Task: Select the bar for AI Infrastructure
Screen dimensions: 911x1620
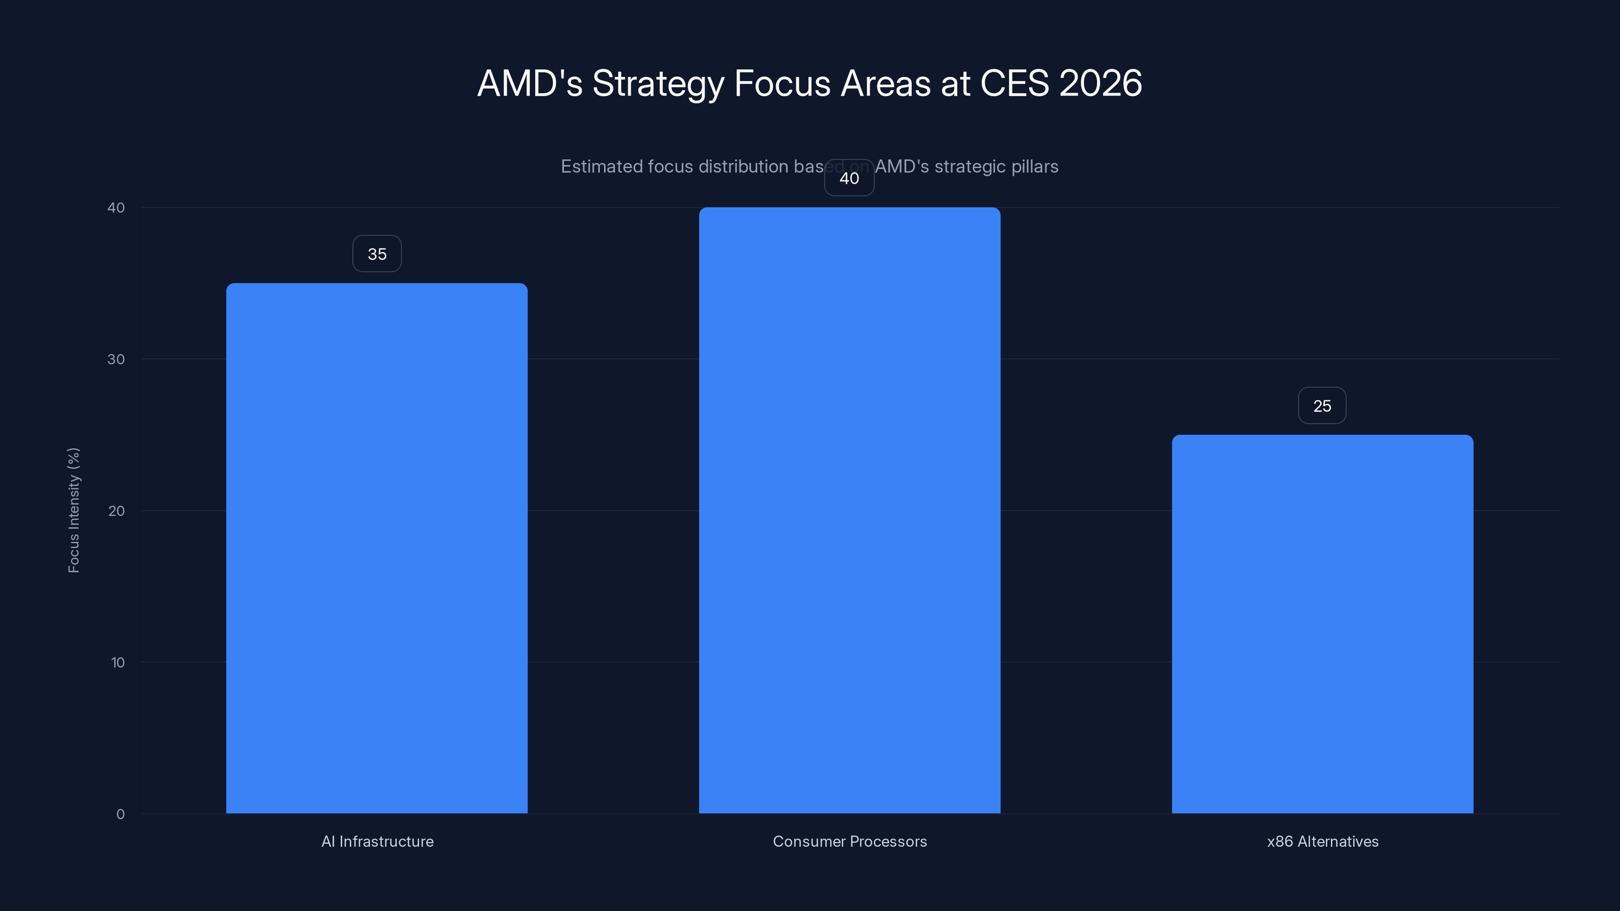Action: tap(377, 547)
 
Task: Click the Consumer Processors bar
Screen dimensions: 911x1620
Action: tap(849, 509)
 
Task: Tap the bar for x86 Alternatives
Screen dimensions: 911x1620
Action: tap(1322, 623)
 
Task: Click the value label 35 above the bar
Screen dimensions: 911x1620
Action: tap(377, 254)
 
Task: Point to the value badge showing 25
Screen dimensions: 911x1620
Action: tap(1322, 406)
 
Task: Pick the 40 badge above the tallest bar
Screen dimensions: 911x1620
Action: tap(849, 179)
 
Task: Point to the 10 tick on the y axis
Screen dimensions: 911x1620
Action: tap(117, 662)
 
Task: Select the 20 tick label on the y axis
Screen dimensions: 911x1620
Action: tap(116, 511)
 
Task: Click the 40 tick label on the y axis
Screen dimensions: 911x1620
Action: tap(116, 208)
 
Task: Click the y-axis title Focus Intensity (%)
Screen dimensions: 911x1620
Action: tap(73, 510)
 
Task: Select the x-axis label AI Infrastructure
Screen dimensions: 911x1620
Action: tap(377, 841)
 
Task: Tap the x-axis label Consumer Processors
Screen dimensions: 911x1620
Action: tap(849, 841)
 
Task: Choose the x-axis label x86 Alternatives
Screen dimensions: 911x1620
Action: tap(1322, 841)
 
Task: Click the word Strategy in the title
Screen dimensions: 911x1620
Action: tap(658, 84)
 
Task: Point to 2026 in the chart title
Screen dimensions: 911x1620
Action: tap(1100, 83)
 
